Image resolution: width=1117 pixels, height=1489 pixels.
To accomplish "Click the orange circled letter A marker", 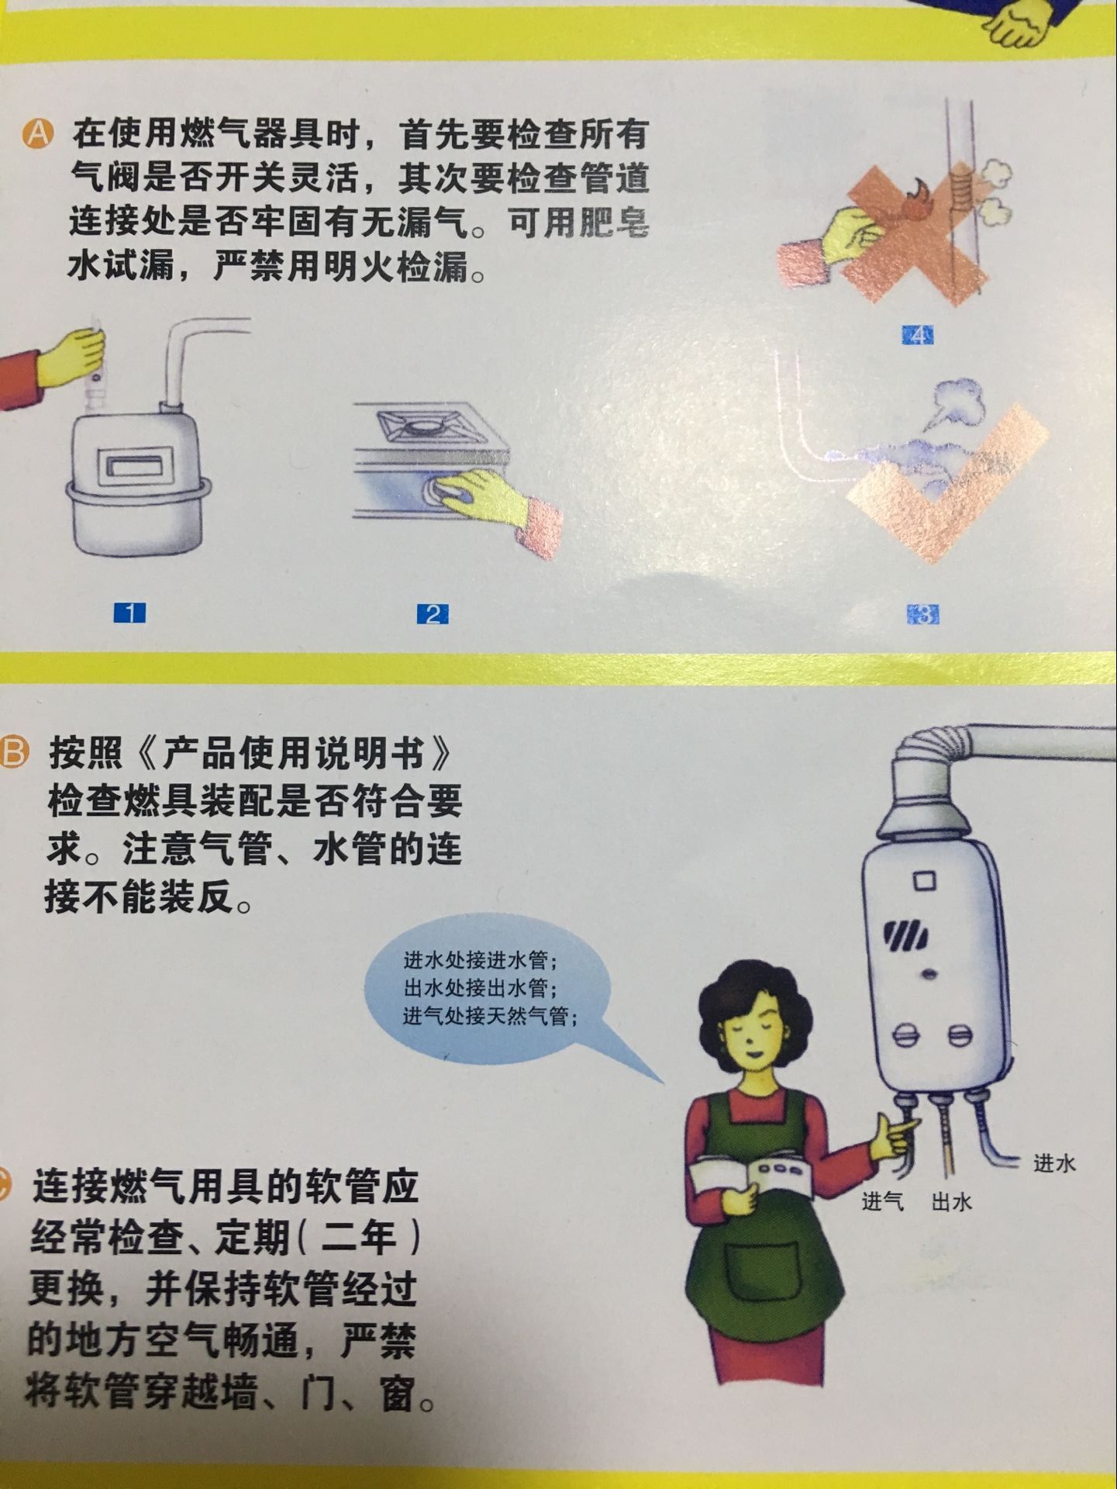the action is [36, 134].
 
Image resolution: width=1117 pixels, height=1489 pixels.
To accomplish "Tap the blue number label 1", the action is [130, 613].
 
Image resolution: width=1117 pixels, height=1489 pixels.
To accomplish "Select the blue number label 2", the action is [433, 614].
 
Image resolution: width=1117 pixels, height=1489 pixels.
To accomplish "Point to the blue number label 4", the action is [918, 335].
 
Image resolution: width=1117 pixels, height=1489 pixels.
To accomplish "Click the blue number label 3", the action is [923, 615].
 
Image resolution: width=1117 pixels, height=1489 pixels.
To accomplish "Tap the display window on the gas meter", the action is [135, 466].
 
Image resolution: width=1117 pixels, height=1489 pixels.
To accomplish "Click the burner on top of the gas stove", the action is [426, 426].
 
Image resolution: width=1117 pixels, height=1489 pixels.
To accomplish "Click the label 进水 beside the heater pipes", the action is [1054, 1163].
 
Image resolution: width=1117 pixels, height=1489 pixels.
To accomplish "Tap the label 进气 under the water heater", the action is [883, 1201].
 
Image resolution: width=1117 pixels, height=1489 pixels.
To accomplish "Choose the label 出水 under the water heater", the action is [951, 1202].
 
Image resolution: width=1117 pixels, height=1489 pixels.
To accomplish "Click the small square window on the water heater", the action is [924, 882].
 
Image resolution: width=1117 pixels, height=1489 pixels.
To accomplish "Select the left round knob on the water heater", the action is [906, 1035].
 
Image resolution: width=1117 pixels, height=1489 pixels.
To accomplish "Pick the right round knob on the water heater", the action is [959, 1035].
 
